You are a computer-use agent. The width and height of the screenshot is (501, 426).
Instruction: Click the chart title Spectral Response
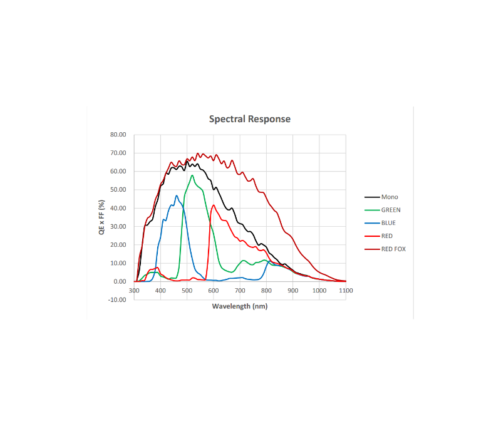coord(249,119)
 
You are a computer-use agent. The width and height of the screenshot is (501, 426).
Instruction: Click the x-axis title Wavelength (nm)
coord(240,306)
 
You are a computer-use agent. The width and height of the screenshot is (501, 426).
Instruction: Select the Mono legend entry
coord(390,197)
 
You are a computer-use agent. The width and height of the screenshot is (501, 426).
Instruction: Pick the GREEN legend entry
coord(391,210)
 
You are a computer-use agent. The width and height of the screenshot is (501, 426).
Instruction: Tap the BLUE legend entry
coord(388,223)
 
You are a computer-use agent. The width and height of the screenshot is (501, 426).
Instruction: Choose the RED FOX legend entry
coord(393,249)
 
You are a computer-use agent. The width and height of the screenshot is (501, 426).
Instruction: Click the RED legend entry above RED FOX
coord(387,236)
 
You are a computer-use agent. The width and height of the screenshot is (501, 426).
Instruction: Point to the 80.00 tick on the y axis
coord(118,135)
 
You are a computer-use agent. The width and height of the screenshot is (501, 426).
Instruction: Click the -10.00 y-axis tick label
coord(118,299)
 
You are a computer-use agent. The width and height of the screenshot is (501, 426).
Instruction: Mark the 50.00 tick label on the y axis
coord(118,190)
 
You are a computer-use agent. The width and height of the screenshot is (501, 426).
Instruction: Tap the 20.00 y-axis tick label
coord(118,245)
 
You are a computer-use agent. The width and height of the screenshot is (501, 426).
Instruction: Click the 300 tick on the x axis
coord(135,291)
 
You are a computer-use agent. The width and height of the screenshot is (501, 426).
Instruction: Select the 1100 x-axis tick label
coord(346,291)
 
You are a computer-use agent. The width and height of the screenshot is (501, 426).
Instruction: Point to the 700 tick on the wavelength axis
coord(240,291)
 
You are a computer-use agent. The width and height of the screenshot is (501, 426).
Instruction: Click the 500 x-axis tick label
coord(187,291)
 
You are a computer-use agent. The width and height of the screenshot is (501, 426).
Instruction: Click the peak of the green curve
coord(192,175)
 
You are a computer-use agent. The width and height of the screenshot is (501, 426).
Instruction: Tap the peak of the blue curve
coord(177,195)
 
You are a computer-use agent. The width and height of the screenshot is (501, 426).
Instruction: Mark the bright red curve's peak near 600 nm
coord(214,205)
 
